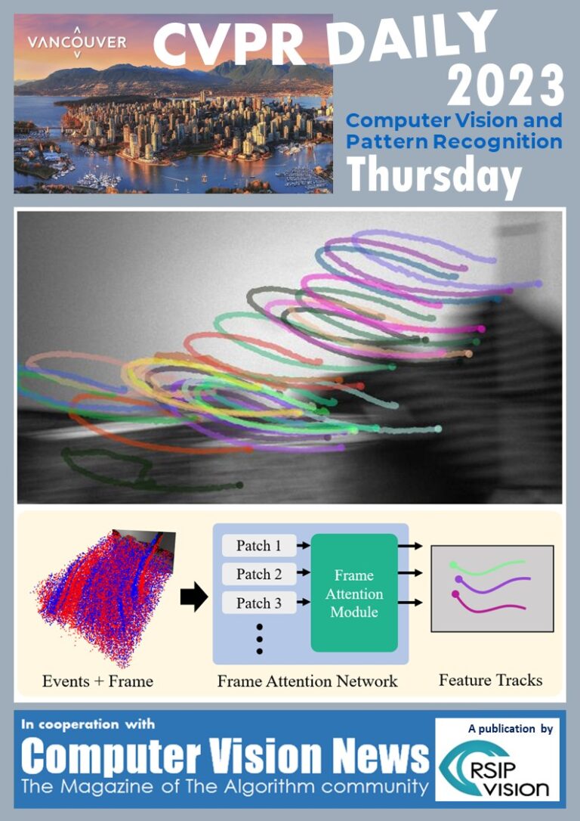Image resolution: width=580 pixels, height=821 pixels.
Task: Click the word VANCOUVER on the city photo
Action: pos(77,42)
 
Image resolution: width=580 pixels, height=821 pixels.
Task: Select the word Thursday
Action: pos(434,176)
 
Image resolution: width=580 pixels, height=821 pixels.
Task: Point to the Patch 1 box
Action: pos(259,546)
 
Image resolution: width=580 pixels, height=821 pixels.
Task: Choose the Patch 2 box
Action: pos(259,574)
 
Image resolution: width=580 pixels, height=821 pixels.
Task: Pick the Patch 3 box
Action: pos(259,603)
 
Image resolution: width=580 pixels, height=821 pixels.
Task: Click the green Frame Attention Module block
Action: pos(354,593)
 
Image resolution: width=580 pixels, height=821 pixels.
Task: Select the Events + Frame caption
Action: pos(98,681)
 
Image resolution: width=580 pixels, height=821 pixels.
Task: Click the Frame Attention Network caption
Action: pos(307,681)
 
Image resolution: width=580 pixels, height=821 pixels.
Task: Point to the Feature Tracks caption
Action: pos(491,680)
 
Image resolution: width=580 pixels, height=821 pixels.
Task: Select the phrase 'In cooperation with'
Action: pos(88,725)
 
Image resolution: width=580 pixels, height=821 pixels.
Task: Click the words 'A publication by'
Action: pos(511,728)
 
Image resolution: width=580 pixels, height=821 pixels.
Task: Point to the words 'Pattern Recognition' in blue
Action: pos(454,142)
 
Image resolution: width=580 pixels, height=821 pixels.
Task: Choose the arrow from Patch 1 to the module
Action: pos(304,546)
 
